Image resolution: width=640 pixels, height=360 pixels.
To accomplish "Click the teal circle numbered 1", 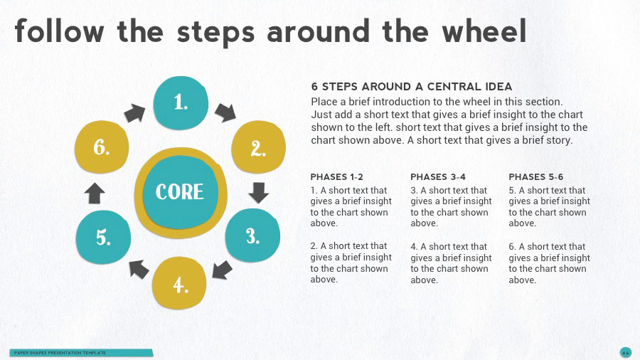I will coord(181,102).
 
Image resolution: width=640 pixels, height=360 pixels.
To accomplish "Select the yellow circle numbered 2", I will coord(259,148).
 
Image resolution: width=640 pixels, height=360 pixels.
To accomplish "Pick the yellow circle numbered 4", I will coord(180,285).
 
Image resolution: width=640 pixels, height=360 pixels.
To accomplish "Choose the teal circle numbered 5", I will coord(103,237).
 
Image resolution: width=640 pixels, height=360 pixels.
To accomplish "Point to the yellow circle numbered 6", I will coord(101,148).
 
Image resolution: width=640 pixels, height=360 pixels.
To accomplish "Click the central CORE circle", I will coord(179,192).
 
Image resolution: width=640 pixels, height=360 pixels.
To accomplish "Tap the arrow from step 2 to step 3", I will coord(259,192).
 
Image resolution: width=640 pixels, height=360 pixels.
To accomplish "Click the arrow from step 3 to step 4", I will coord(222,270).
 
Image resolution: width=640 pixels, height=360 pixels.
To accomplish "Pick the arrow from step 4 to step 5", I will coord(138,268).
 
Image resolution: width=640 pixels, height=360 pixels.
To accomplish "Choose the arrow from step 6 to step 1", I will coord(133,112).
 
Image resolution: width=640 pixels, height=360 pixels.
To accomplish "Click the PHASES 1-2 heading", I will coord(336,176).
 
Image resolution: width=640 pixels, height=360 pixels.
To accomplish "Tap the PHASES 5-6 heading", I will coord(535,176).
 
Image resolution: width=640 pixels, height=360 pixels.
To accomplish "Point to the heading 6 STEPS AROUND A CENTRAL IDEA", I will coord(411,87).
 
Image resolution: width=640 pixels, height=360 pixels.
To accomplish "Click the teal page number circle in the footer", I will coord(625,352).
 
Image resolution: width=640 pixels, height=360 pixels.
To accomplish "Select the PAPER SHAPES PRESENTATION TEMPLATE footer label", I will coord(60,353).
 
